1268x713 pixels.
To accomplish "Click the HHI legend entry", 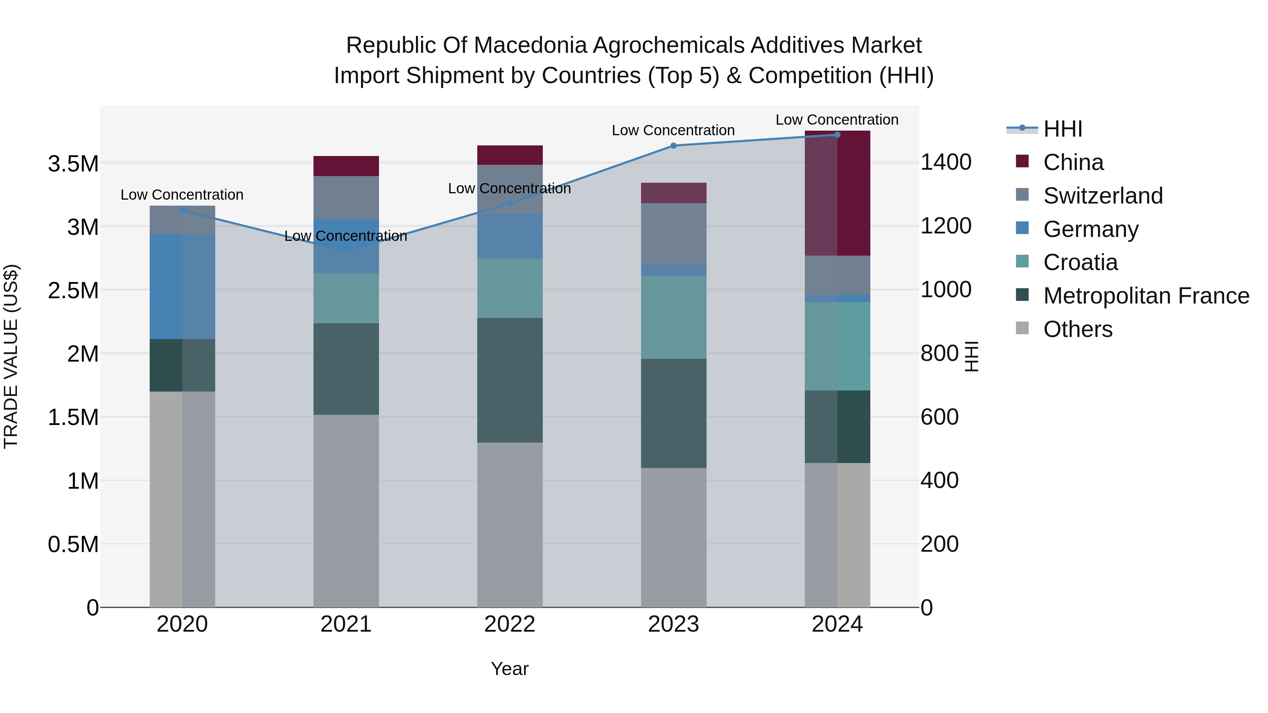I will pos(1062,129).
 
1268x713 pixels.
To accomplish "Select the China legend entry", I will pos(1073,162).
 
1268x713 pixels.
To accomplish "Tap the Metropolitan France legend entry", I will pos(1146,296).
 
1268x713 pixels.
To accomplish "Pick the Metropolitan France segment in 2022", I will pos(509,380).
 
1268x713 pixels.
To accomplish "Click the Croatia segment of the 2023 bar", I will pos(673,317).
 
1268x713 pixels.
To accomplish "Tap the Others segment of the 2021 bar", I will pos(346,511).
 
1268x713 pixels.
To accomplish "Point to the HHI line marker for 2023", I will pos(673,146).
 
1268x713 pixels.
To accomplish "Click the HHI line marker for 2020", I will pos(182,211).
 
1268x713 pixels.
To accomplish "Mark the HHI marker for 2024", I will pos(837,135).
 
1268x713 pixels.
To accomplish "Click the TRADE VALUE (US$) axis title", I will pos(11,356).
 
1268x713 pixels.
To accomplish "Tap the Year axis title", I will pos(509,669).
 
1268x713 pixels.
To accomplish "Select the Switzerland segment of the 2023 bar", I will pos(673,234).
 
